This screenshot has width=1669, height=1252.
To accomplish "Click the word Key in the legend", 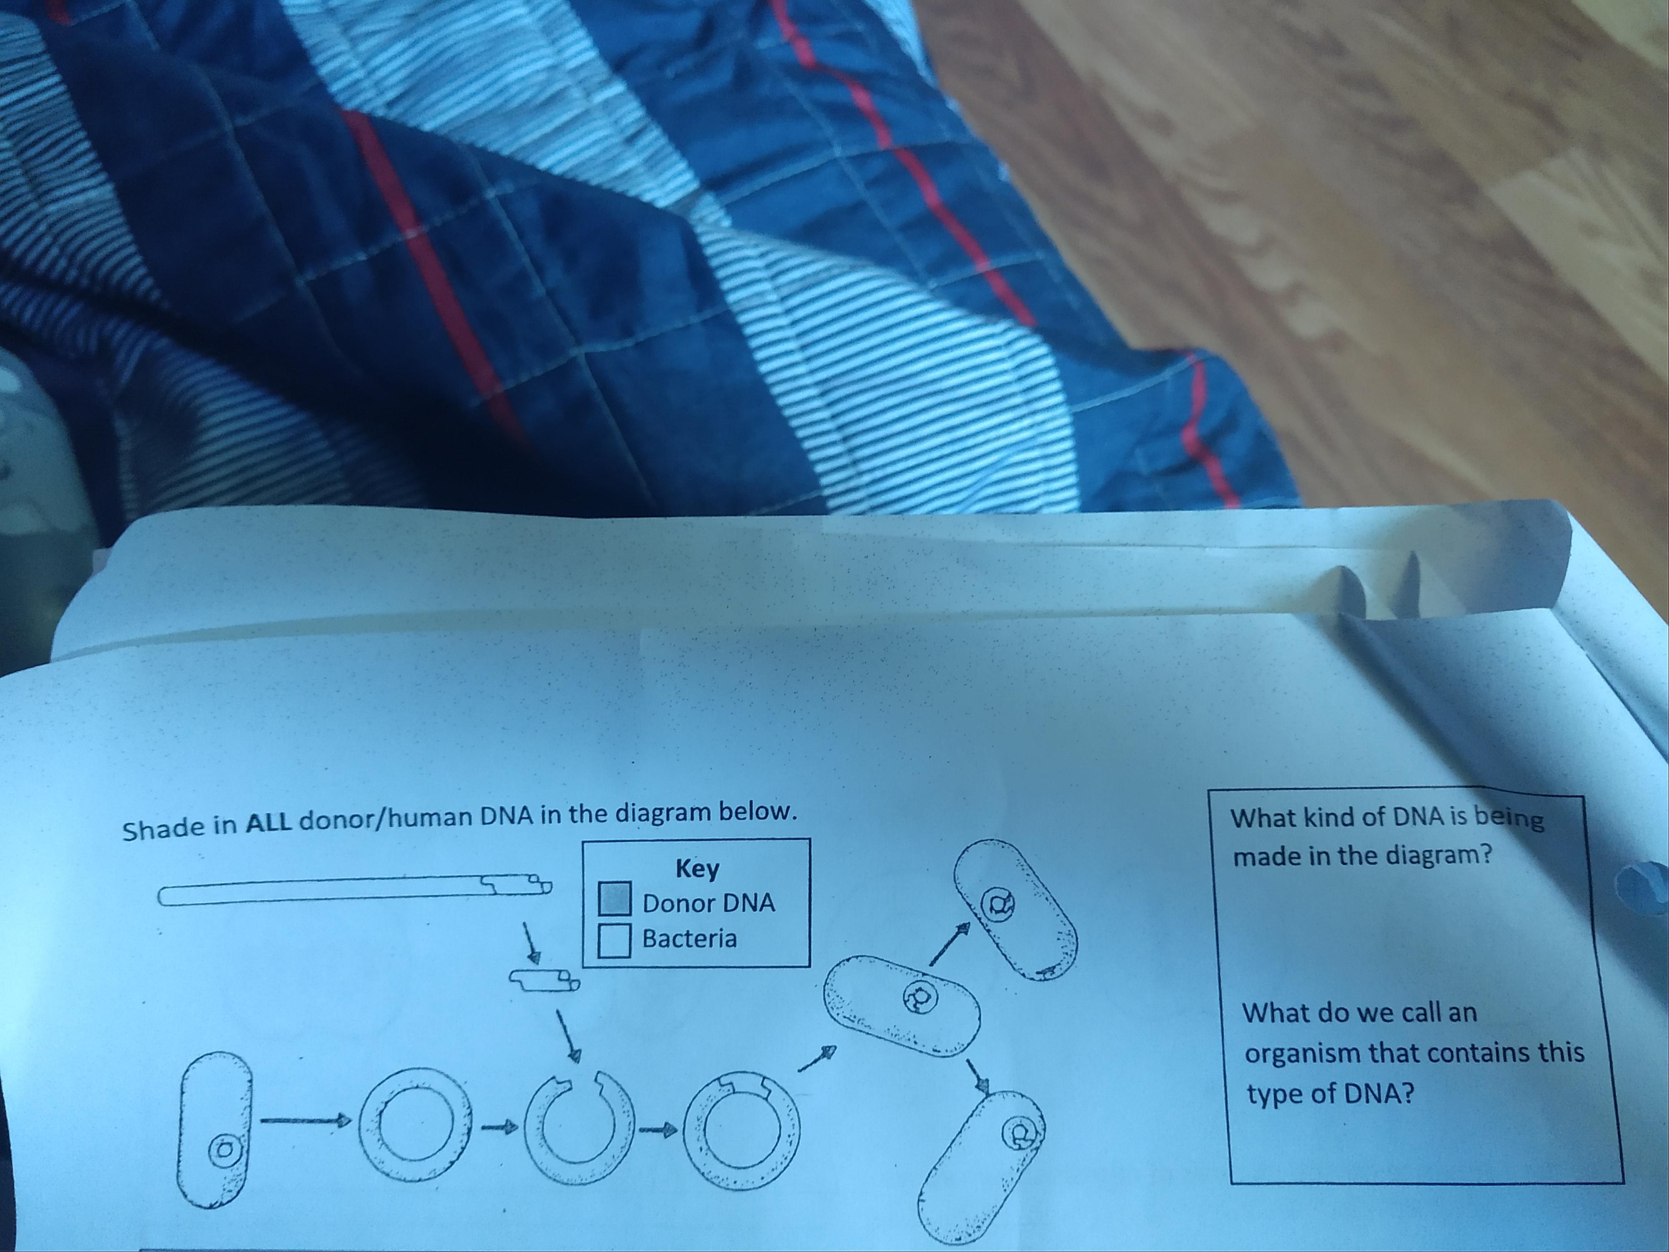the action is point(697,868).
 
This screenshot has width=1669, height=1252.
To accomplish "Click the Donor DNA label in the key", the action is point(708,903).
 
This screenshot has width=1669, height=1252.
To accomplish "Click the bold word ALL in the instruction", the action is point(269,822).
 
